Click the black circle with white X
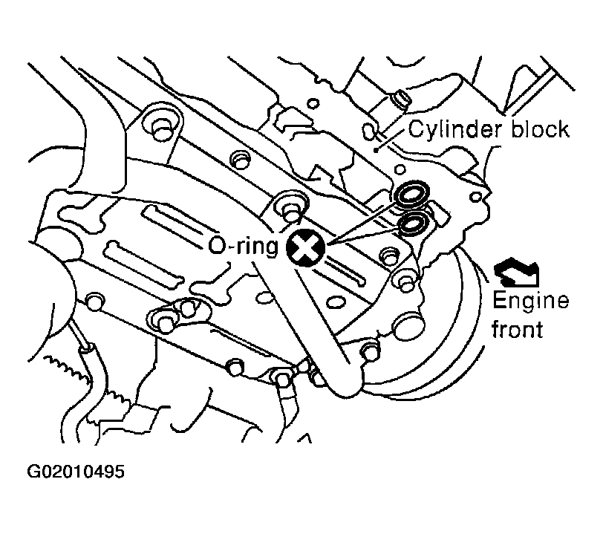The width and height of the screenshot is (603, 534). (x=306, y=247)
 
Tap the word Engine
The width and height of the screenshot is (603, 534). (x=531, y=302)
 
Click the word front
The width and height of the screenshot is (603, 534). (x=518, y=329)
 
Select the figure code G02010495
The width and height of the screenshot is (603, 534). (x=76, y=472)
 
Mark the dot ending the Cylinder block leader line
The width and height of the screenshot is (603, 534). (x=378, y=149)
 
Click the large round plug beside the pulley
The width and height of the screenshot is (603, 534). (x=408, y=326)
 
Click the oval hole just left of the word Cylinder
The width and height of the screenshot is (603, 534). (x=368, y=131)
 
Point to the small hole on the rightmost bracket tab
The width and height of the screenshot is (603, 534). (x=476, y=197)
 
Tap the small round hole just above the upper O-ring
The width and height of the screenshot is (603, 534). (x=400, y=169)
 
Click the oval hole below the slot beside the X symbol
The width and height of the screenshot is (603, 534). (x=336, y=302)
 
